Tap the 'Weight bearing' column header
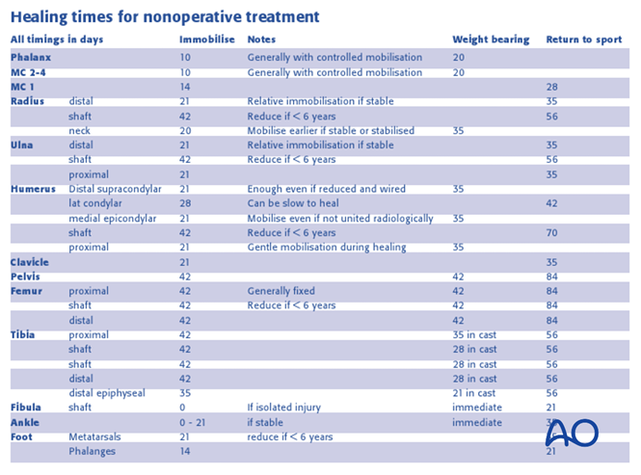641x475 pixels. (491, 40)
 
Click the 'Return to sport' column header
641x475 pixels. (581, 40)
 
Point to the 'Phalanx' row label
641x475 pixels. (31, 58)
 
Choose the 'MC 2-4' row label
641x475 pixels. (30, 72)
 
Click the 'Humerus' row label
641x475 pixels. (33, 189)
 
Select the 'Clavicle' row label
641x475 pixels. (30, 262)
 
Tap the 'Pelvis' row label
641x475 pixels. (26, 277)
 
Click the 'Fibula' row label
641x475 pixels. (26, 408)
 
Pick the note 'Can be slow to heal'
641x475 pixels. (290, 203)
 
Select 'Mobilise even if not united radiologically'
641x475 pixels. (340, 218)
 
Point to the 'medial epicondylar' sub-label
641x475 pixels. (114, 218)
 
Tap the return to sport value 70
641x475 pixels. (552, 232)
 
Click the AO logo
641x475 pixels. (572, 433)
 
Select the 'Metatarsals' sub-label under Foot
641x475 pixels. (96, 436)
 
